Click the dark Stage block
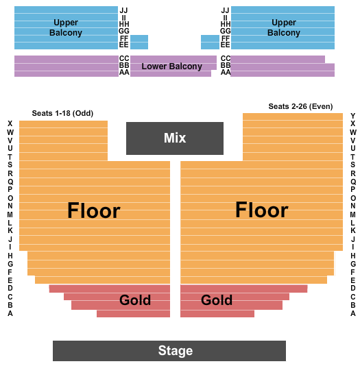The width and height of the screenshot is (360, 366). coord(169,351)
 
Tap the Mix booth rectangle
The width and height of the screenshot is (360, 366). coord(175,138)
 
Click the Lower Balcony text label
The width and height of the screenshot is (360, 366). coord(172,66)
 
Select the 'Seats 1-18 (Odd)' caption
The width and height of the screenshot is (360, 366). coord(62,113)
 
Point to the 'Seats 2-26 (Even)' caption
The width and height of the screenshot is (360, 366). coord(300,106)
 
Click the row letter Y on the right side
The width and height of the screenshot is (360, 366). coord(352,116)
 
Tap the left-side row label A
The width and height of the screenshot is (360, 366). coord(10,313)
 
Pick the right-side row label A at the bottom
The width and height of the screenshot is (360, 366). coord(352,313)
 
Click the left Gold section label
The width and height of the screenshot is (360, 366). coord(135,300)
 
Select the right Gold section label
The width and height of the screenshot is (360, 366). coord(217,300)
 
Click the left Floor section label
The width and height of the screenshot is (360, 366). coord(94,210)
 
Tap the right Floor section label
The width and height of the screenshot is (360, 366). coord(262,210)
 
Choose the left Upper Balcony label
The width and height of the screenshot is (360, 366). coord(66,27)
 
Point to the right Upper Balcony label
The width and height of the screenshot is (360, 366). coord(284,27)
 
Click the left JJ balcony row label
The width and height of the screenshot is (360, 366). coord(123,10)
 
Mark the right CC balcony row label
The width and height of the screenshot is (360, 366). coord(226,58)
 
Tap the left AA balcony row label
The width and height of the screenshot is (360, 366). coord(124,73)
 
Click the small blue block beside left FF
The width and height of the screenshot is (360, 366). coord(139,42)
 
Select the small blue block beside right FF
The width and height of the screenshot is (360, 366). coord(210,42)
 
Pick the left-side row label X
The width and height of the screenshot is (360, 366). coord(10,123)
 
